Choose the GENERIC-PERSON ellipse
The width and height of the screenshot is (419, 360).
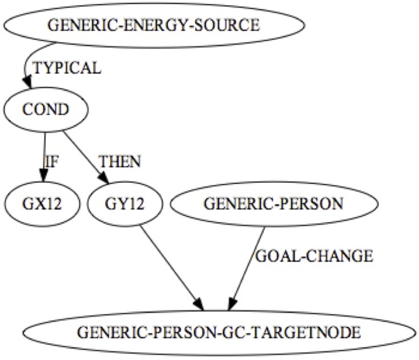(x=273, y=204)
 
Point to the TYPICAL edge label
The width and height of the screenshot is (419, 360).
(x=67, y=68)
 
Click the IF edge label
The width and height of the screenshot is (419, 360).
(x=51, y=161)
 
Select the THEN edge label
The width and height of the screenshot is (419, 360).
(x=119, y=161)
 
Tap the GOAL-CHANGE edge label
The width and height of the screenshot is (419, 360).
(x=313, y=257)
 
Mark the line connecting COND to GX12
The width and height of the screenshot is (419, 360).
(x=44, y=151)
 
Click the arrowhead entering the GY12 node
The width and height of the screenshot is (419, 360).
(x=104, y=178)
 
